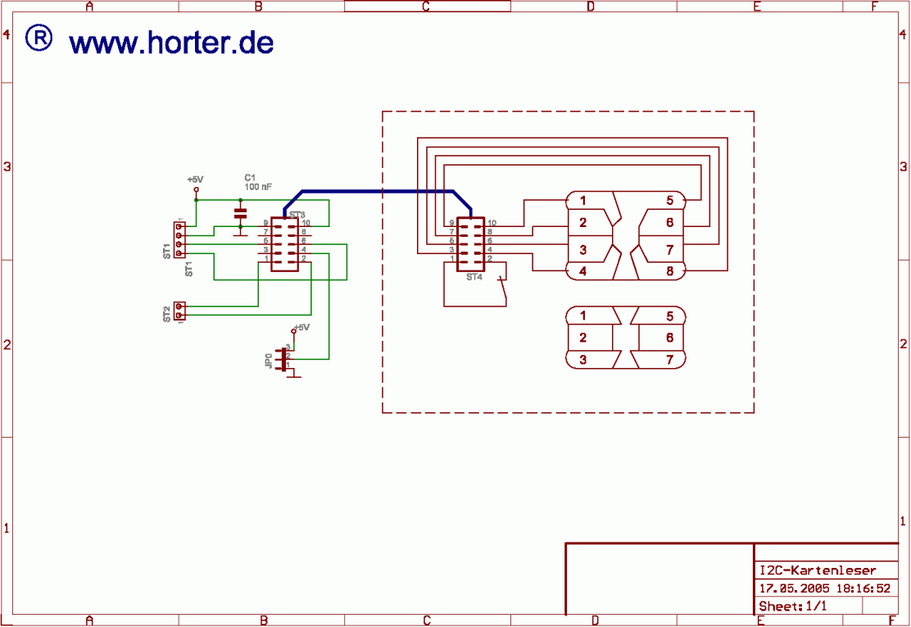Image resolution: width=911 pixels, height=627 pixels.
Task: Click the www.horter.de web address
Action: click(x=171, y=43)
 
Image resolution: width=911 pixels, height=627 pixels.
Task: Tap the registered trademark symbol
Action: click(x=39, y=38)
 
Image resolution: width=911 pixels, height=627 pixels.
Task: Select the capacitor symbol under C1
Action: click(x=240, y=212)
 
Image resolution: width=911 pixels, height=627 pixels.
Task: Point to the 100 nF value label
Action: click(x=258, y=187)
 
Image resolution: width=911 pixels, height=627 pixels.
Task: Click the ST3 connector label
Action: click(x=297, y=214)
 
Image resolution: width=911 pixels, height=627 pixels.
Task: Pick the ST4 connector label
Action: click(x=474, y=277)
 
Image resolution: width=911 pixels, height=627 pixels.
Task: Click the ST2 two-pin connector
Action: click(x=179, y=311)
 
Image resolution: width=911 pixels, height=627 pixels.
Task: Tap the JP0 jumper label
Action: click(x=269, y=360)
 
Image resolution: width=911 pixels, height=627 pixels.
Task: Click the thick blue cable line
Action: click(x=377, y=192)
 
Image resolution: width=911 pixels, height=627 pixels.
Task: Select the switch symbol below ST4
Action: click(x=501, y=289)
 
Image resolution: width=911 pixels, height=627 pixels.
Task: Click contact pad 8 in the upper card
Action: click(x=669, y=270)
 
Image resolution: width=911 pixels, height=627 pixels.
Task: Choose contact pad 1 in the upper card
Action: click(x=582, y=200)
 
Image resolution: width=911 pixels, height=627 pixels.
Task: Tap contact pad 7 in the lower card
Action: click(x=669, y=359)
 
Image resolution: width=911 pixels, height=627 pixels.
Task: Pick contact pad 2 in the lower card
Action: click(x=582, y=338)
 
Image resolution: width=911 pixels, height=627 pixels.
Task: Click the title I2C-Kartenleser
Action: click(x=817, y=570)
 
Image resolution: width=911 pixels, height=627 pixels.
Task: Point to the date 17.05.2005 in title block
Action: click(x=793, y=588)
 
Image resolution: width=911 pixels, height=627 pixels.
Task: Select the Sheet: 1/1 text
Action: click(x=793, y=607)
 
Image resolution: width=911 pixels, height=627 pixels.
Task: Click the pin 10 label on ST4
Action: click(x=492, y=223)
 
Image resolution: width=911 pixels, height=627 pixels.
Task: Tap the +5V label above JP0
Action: click(x=302, y=327)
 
